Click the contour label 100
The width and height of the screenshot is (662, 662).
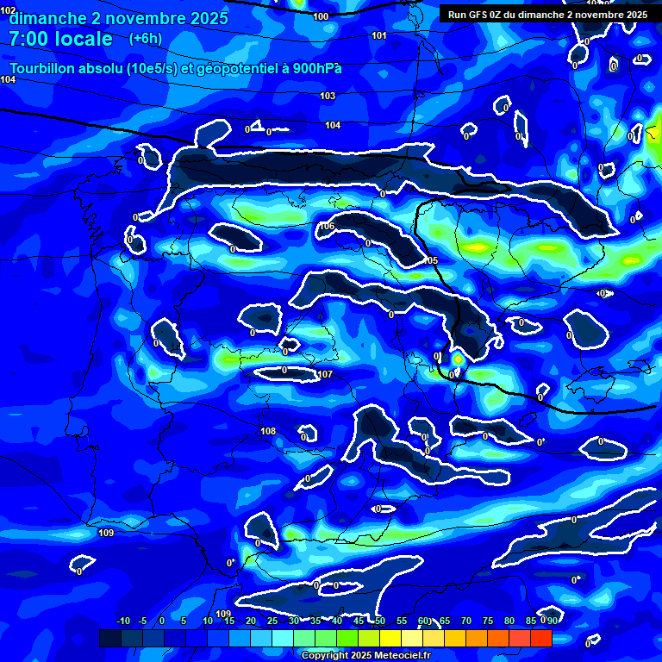(x=321, y=16)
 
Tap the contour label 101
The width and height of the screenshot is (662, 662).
(x=379, y=35)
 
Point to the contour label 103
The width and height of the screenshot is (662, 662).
(x=328, y=96)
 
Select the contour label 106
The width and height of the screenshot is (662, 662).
(x=327, y=227)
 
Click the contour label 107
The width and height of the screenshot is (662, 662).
(x=325, y=374)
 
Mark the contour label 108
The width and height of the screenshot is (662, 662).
(x=268, y=431)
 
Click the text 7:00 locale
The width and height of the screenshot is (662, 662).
(x=60, y=39)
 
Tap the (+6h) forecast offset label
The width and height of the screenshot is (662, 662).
(x=145, y=38)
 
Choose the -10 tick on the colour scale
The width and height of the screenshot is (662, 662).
(x=123, y=621)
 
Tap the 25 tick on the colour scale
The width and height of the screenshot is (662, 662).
(x=272, y=621)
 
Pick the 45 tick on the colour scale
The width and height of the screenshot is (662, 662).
(x=359, y=621)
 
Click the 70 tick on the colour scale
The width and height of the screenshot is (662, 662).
(x=466, y=621)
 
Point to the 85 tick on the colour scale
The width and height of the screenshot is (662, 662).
(x=531, y=621)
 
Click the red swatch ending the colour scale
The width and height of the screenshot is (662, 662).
(x=540, y=638)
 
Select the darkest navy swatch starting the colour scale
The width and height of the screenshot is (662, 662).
(x=109, y=638)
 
